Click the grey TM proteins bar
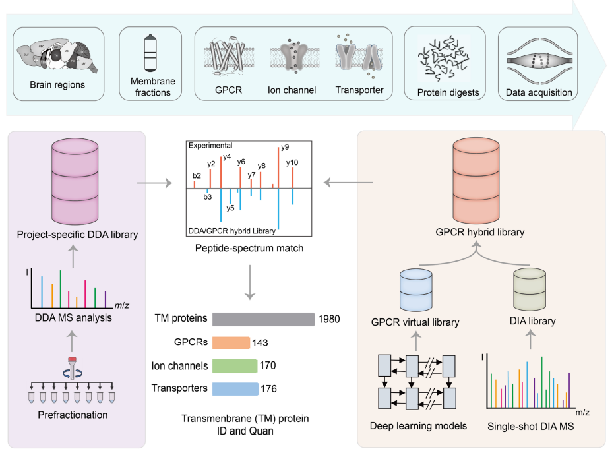[x=264, y=319]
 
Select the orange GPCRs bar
[x=231, y=342]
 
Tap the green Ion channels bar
[x=235, y=365]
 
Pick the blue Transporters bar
[x=235, y=388]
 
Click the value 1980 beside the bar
[x=328, y=320]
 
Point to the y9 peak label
[x=285, y=147]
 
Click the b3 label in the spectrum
[x=207, y=196]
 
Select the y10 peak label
[x=292, y=162]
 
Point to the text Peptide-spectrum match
[x=249, y=248]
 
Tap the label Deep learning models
[x=418, y=426]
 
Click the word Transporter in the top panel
[x=359, y=90]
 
